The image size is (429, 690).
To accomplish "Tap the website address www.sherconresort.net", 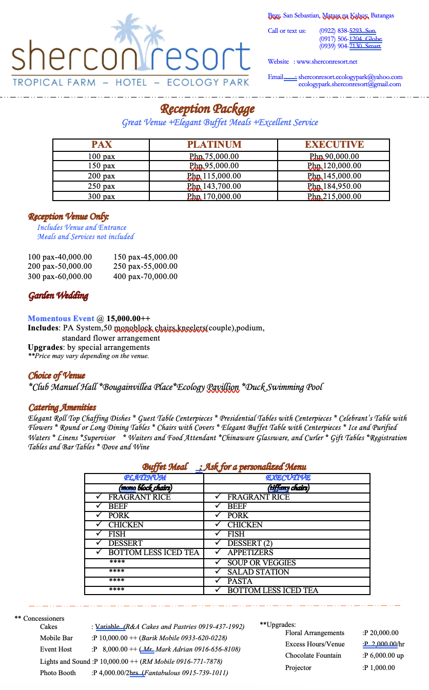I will pos(327,62).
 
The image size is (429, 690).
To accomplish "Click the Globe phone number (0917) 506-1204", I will pos(350,39).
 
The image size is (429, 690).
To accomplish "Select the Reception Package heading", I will pos(207,109).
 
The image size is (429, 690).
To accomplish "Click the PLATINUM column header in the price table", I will pos(214,145).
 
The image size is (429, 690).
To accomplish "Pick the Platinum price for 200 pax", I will pos(214,176).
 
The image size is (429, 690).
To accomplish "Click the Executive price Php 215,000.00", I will pos(334,196).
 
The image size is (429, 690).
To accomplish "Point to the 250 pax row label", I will pos(101,186).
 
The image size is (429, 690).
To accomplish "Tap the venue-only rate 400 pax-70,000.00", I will pos(145,277).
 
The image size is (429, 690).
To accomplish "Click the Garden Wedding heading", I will pos(59,295).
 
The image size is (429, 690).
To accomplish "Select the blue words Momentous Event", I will pos(61,319).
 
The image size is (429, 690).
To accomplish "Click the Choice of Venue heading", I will pos(57,376).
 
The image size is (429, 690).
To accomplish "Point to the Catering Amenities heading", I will pos(62,407).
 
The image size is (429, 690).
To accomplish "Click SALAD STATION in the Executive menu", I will pos(258,572).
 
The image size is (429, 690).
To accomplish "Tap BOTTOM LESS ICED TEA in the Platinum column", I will pos(153,553).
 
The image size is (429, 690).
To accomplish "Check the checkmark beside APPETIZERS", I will pos(218,553).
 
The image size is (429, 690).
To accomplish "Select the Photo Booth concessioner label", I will pos(58,673).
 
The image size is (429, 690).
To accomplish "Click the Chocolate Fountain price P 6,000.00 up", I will pos(383,655).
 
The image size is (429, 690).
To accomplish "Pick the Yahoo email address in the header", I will pos(350,77).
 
